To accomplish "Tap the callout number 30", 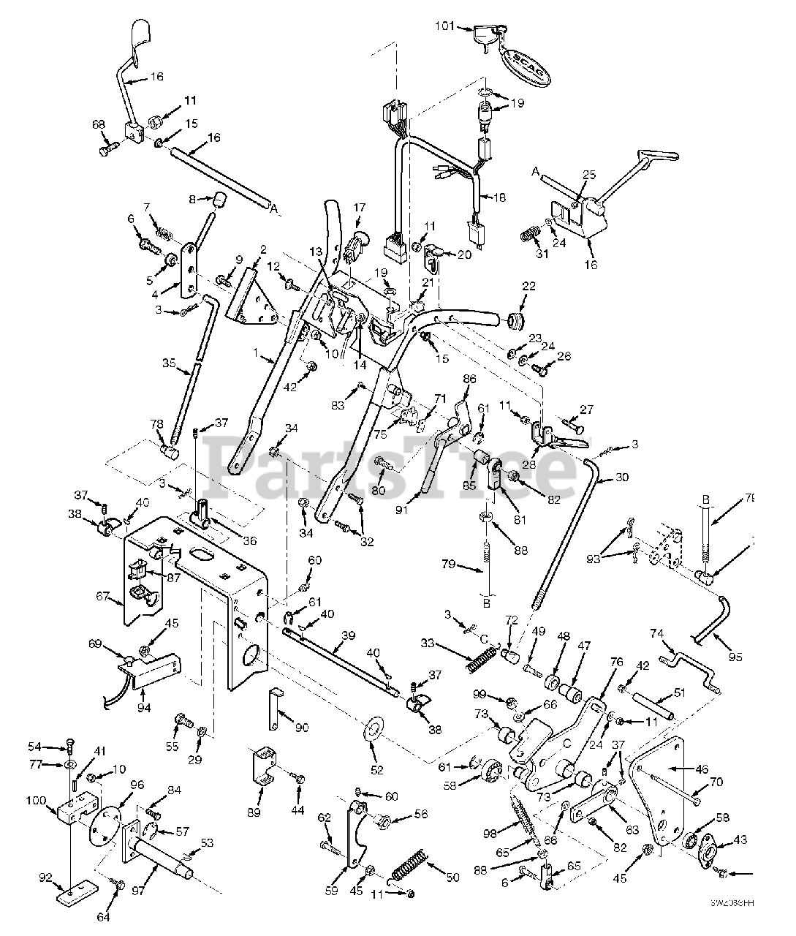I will (621, 477).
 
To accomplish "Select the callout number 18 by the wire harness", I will (499, 197).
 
